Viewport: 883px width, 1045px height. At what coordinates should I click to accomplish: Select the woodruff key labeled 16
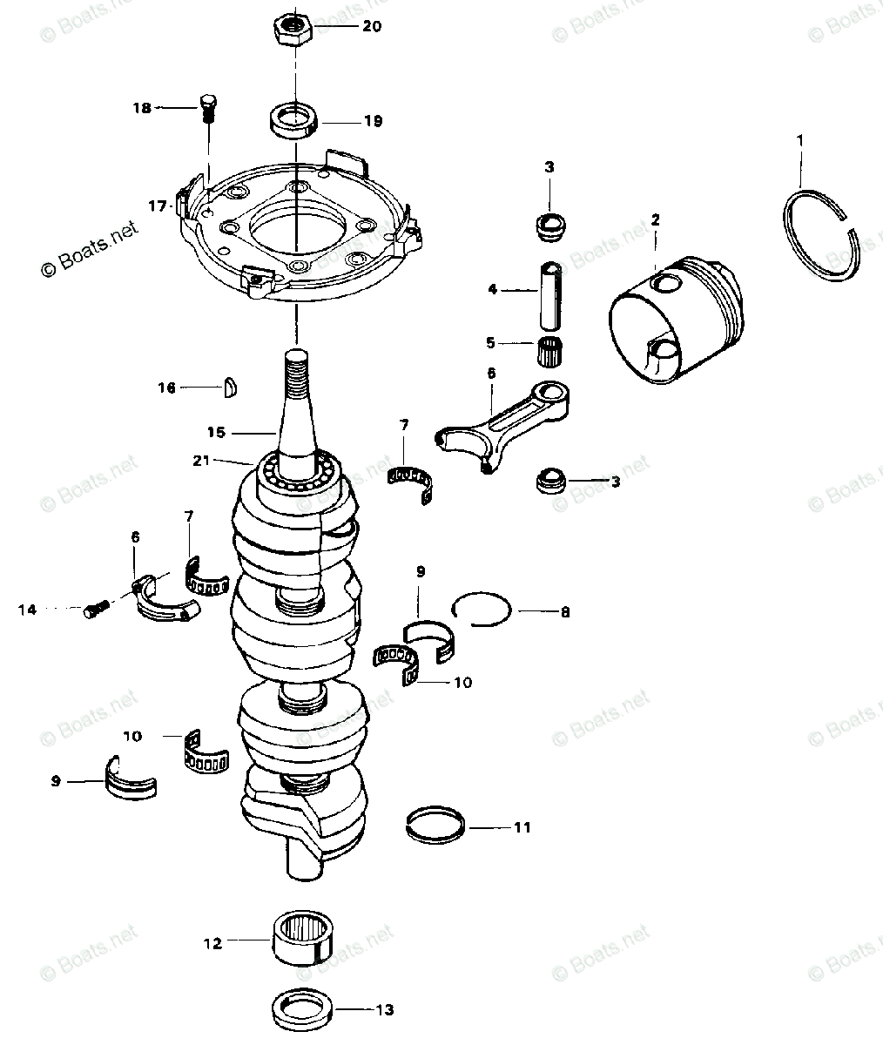point(232,387)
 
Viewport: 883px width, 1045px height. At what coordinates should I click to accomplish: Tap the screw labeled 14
point(95,610)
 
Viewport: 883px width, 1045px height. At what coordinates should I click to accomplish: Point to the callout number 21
point(201,461)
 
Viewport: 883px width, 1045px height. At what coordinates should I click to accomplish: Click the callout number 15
point(216,431)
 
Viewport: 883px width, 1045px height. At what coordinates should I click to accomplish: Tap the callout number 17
point(158,206)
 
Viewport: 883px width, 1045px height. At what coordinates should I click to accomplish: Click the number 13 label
point(384,1010)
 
